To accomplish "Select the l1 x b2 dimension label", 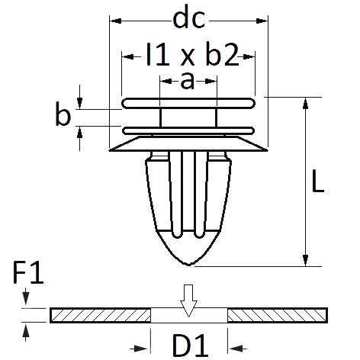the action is [x=192, y=54].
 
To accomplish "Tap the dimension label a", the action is [x=188, y=82].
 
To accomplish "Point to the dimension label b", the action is [x=63, y=114].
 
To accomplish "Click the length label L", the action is [x=317, y=181].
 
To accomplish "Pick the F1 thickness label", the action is [x=28, y=272].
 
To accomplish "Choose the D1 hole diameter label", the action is [x=190, y=345].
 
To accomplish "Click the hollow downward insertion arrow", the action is [x=188, y=301].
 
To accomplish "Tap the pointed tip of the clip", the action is [x=188, y=265].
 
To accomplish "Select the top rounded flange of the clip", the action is [x=188, y=103].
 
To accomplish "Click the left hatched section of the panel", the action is [x=101, y=315].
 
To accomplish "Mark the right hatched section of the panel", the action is [x=278, y=315].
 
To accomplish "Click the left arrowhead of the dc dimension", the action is [x=115, y=21].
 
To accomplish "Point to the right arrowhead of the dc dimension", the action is [x=262, y=21].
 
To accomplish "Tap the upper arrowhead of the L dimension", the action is [x=306, y=103].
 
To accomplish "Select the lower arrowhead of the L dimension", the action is [x=306, y=260].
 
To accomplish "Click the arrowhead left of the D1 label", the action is [x=140, y=349].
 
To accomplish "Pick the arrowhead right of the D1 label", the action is [x=238, y=349].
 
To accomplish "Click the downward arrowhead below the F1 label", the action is [x=26, y=298].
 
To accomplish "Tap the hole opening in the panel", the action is [x=189, y=315].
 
